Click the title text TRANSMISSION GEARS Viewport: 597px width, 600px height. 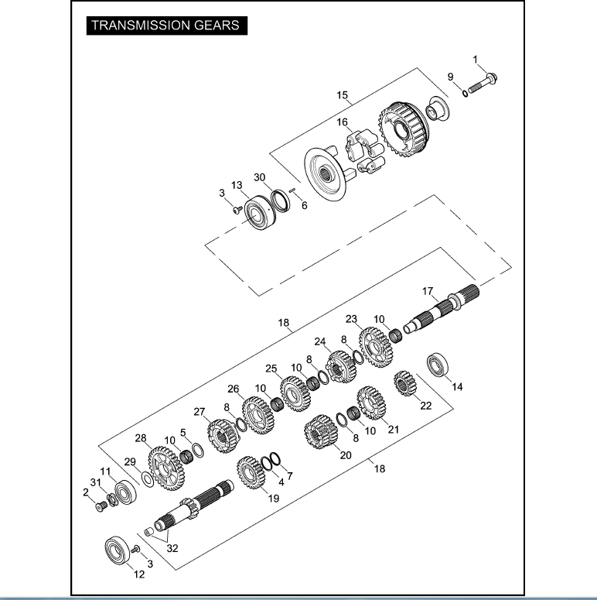click(x=165, y=25)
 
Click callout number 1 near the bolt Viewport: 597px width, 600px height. click(x=476, y=60)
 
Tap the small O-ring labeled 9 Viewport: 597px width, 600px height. click(x=465, y=94)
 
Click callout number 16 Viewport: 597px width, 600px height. click(x=341, y=122)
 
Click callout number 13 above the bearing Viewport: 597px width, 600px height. click(x=237, y=186)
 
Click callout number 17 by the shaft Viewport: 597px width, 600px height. click(x=427, y=292)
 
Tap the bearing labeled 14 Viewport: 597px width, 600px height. click(x=440, y=364)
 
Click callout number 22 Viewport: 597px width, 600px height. click(x=425, y=405)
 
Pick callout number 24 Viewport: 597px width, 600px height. click(x=320, y=341)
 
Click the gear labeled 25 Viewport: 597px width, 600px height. click(x=294, y=393)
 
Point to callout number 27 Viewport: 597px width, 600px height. click(x=199, y=411)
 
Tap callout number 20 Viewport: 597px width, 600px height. click(x=346, y=455)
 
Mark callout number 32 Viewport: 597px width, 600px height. click(x=172, y=548)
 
